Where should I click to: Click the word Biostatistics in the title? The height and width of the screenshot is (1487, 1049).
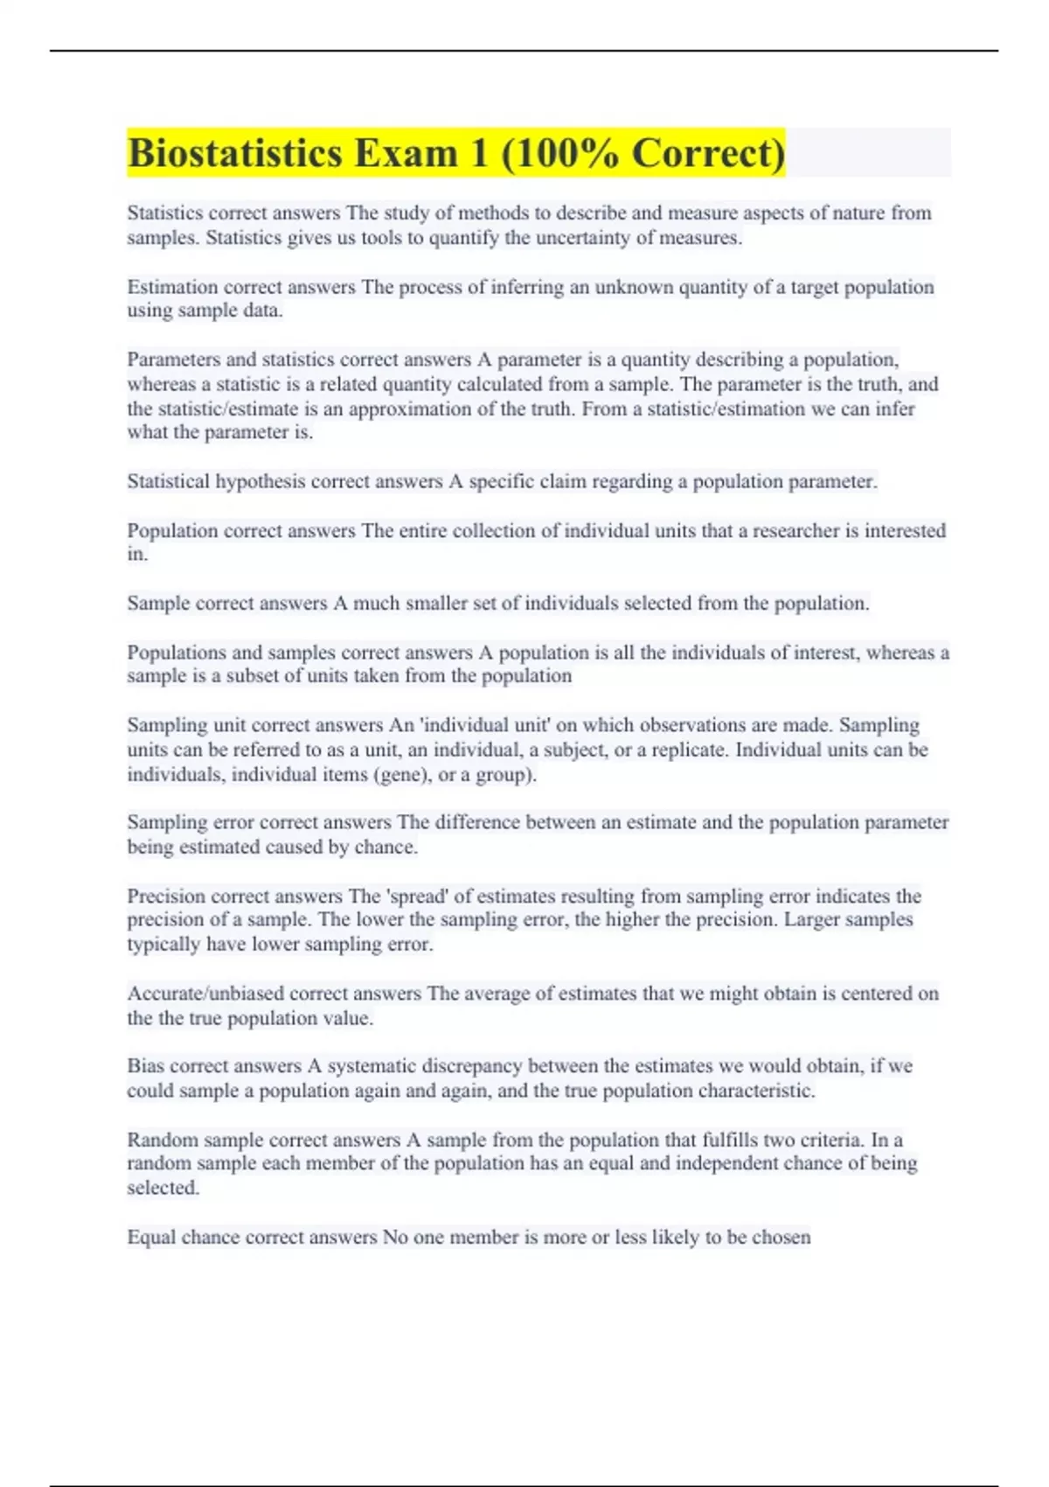point(234,154)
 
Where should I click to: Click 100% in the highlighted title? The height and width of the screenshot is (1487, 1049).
point(561,154)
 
